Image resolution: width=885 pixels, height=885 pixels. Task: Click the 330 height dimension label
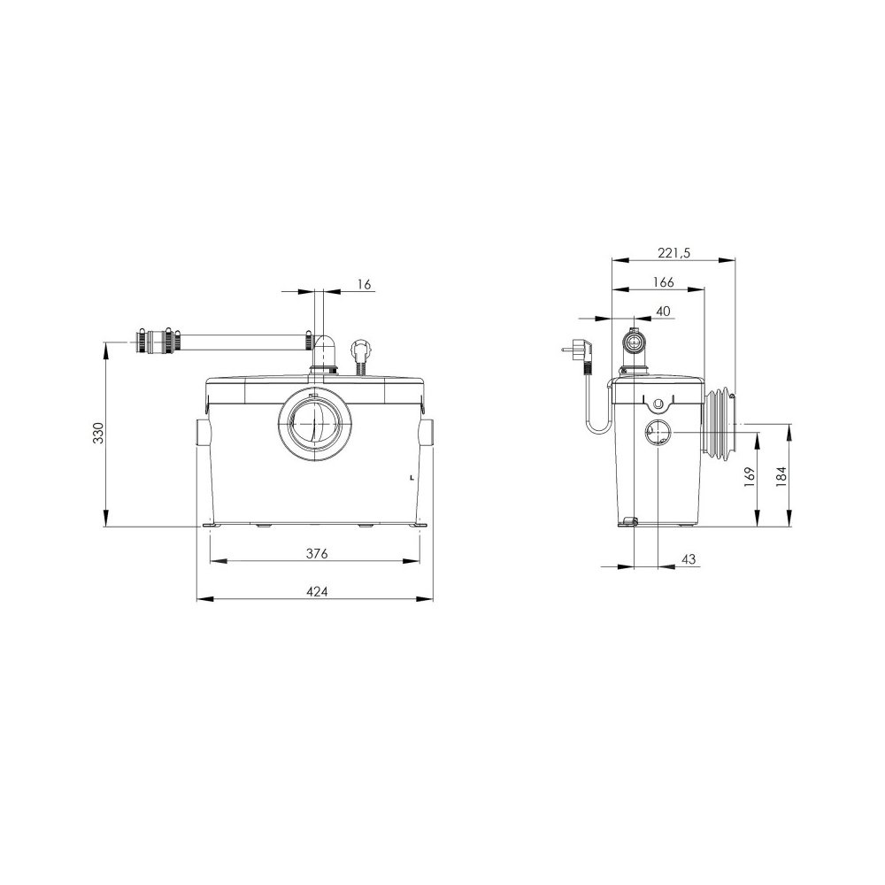[99, 433]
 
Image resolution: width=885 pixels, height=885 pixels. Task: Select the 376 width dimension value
[317, 554]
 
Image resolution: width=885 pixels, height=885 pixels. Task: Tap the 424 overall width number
[317, 591]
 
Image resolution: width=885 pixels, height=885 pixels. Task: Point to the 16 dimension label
[365, 284]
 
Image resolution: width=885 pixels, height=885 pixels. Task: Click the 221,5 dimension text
[673, 252]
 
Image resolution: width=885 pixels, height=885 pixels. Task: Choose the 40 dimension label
[663, 311]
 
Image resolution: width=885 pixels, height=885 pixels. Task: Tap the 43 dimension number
[689, 559]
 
